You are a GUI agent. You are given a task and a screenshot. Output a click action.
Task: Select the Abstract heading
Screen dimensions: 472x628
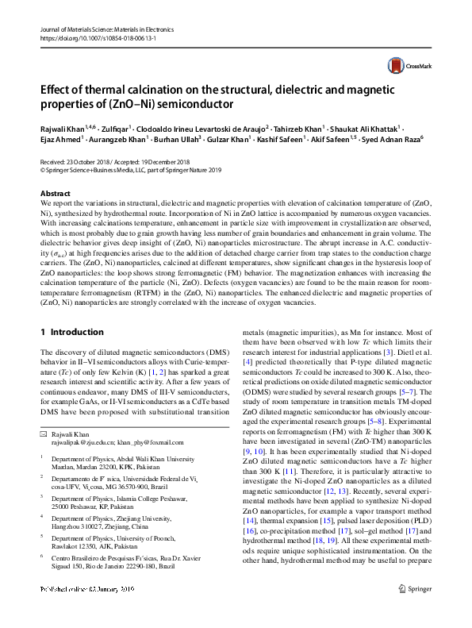(56, 194)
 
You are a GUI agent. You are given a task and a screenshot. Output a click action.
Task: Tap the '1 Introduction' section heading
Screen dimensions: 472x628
(71, 332)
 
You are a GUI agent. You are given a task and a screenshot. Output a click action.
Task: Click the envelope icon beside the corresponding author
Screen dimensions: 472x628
(44, 435)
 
